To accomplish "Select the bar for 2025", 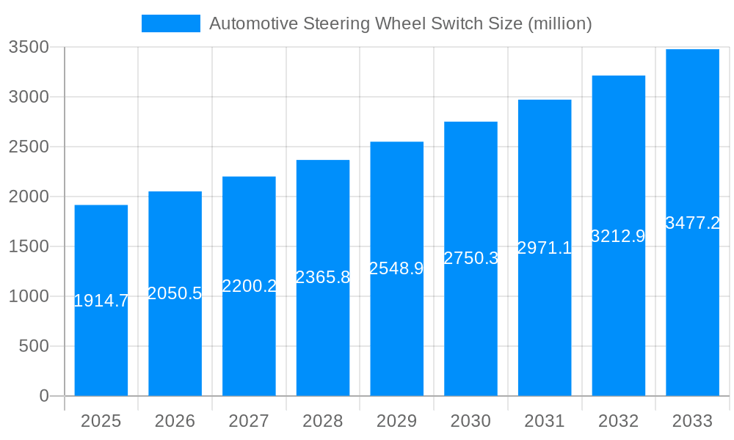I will [101, 345].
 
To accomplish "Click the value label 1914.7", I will [101, 301].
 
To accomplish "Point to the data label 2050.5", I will [175, 293].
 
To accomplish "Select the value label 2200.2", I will [249, 286].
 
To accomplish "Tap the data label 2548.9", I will [396, 268].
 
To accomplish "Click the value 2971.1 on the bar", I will [545, 248].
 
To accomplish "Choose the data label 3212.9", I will [618, 236].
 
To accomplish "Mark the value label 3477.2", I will [692, 223].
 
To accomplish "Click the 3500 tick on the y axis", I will [28, 47].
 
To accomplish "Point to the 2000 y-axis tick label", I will [28, 197].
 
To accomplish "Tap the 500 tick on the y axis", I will [33, 346].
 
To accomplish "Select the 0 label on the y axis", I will [43, 396].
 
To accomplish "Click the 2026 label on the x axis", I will [175, 421].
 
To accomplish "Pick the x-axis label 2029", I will [396, 421].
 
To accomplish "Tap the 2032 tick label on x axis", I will [618, 421].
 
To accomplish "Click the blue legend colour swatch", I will [170, 23].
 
